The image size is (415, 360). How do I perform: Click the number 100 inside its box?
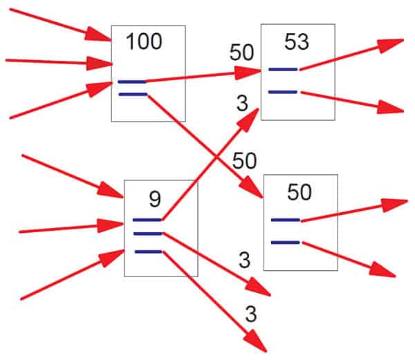tap(144, 42)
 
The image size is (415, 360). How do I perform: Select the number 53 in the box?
tap(296, 42)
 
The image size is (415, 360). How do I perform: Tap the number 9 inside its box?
tap(155, 199)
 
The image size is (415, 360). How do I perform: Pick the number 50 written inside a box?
tap(299, 193)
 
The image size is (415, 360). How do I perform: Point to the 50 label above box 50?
tap(244, 161)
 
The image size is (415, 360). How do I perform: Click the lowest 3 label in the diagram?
tap(250, 314)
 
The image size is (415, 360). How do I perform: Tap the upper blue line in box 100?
tap(132, 82)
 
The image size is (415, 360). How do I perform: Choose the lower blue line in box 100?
tap(132, 93)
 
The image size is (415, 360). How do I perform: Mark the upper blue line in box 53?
tap(283, 69)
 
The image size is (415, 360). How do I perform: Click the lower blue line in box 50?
tap(285, 242)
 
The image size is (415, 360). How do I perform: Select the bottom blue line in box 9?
tap(148, 252)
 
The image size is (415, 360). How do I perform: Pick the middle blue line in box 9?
tap(148, 234)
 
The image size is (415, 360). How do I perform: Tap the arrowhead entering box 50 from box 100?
tap(255, 191)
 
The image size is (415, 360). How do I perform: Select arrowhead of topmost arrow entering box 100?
tap(102, 35)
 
